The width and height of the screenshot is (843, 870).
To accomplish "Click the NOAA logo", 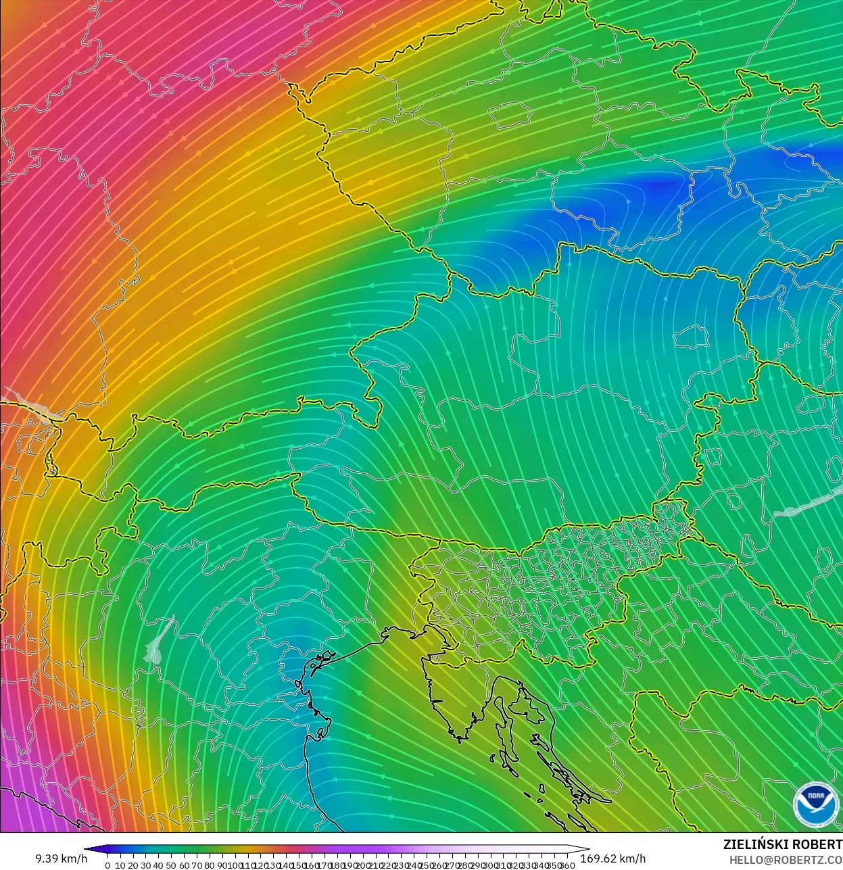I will pos(815,804).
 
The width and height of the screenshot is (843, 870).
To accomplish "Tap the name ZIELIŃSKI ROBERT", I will pos(782,844).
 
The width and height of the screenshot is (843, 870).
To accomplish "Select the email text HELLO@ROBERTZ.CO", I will pos(786,860).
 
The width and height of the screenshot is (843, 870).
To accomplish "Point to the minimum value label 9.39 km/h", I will pos(62,859).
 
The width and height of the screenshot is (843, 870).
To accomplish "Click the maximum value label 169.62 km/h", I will pos(613,859).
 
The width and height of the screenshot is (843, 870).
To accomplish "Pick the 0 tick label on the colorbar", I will pos(107,865).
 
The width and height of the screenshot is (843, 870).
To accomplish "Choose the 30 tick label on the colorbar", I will pos(145,865).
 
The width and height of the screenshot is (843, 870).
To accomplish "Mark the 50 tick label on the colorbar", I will pos(171,865).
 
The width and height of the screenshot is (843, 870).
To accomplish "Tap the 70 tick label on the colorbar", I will pos(197,865).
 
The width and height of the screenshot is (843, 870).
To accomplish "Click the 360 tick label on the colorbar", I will pos(567,865).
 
